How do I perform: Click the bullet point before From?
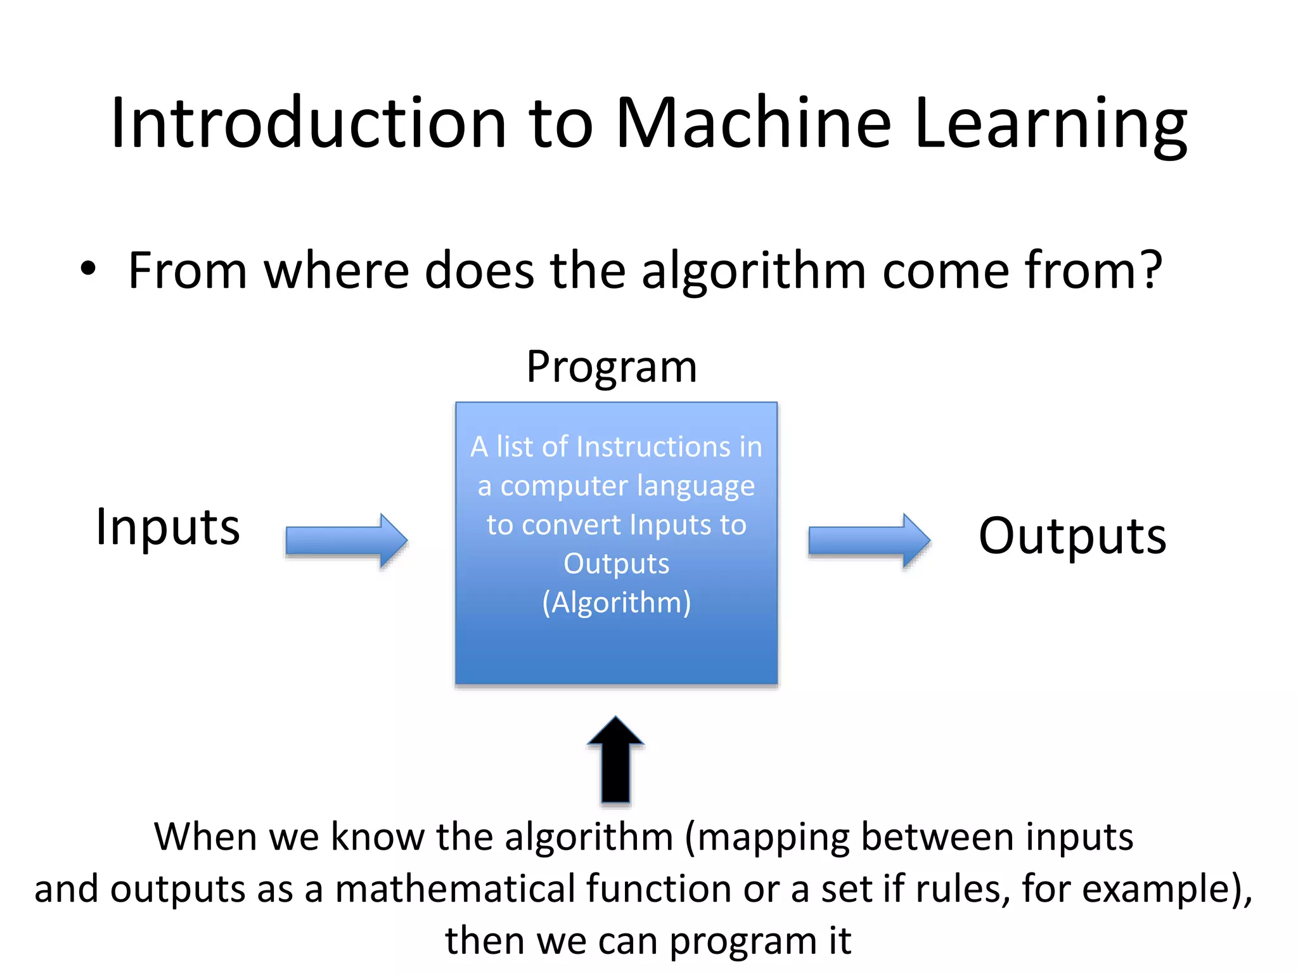click(88, 269)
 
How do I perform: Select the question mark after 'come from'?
click(1149, 269)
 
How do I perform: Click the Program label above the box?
click(612, 368)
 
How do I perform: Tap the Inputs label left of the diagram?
click(168, 528)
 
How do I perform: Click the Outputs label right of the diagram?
click(1072, 536)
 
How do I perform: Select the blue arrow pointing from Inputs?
click(346, 541)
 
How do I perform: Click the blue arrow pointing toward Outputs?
click(869, 541)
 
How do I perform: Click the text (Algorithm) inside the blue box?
click(616, 603)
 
